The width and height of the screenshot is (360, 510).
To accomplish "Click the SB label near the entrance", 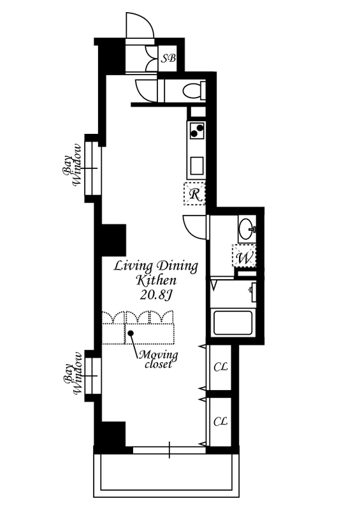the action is [169, 59].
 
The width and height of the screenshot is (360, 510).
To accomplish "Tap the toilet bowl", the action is [192, 91].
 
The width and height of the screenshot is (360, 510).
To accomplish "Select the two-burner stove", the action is [196, 130].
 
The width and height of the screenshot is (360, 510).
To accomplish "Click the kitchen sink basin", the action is [197, 166].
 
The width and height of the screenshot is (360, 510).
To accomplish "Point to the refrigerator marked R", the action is [194, 194].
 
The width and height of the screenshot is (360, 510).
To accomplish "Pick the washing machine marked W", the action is [244, 256].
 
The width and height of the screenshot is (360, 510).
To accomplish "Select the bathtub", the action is [233, 323].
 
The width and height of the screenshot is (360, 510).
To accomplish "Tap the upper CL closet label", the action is [220, 367].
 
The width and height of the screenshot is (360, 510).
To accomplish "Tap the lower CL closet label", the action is [220, 422].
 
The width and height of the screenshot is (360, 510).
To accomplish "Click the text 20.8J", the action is [156, 295].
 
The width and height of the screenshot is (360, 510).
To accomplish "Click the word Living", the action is [133, 266].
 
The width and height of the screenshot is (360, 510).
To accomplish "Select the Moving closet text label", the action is [158, 359].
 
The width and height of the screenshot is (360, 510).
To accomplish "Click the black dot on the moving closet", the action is [131, 333].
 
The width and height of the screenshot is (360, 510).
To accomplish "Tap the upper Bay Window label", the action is [72, 166].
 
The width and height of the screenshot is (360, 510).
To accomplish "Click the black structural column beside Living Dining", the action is [114, 240].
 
